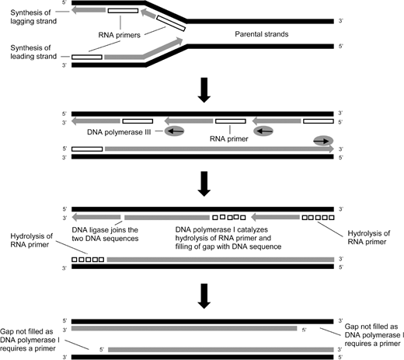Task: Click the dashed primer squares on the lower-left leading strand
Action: coord(87,258)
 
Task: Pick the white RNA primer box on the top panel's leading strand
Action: coord(87,58)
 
